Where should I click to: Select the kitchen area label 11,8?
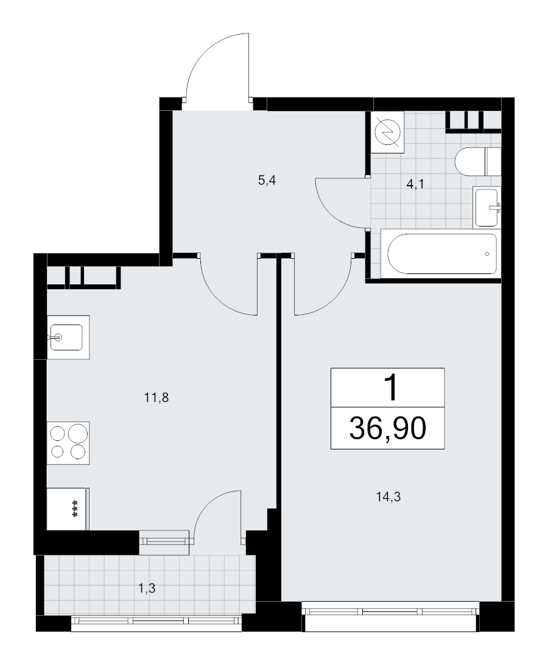156,399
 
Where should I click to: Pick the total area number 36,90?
387,429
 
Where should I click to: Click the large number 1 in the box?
387,387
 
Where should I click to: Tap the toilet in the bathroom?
477,161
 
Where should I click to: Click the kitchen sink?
67,336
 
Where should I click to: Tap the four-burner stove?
68,442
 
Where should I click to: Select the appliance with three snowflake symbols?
68,508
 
